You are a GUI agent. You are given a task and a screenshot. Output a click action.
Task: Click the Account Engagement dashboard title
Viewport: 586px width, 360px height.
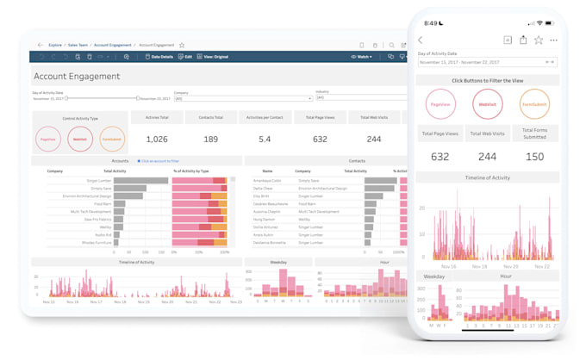click(77, 77)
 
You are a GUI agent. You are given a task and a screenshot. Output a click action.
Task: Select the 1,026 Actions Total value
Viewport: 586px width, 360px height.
click(157, 139)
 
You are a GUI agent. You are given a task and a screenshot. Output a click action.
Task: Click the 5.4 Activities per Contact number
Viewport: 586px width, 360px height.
click(265, 139)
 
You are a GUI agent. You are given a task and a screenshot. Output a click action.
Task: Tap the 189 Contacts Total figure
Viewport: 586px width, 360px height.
click(210, 139)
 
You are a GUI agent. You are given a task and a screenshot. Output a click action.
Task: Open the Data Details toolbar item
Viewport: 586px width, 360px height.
click(159, 57)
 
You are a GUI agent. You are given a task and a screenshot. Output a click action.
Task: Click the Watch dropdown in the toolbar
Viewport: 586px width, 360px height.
click(361, 57)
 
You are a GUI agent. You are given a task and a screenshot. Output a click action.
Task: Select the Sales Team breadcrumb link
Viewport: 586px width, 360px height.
click(78, 45)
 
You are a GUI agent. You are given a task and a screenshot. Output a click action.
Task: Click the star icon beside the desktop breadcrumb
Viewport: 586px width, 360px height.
click(182, 45)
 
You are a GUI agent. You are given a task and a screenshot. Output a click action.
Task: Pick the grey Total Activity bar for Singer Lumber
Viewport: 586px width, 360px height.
click(140, 181)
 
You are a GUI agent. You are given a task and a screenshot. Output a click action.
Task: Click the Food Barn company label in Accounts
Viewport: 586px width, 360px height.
click(103, 204)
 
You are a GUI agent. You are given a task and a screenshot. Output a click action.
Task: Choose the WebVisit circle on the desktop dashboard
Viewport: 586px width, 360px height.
click(80, 139)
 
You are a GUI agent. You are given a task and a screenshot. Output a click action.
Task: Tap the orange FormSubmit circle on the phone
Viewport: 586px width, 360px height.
click(534, 104)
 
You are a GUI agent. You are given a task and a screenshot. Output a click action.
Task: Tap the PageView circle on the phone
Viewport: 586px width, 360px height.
click(440, 104)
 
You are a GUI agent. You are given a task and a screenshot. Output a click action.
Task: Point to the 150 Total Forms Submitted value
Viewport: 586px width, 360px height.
click(534, 157)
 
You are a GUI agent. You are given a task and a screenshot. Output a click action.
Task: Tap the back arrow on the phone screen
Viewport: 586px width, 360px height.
click(421, 40)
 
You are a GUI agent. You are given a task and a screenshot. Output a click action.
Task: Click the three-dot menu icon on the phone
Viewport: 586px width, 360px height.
click(553, 40)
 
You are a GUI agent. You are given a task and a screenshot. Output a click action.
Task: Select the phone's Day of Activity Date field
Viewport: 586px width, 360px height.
click(487, 62)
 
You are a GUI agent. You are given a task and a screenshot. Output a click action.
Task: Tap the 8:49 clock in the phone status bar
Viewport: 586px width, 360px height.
click(431, 23)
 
